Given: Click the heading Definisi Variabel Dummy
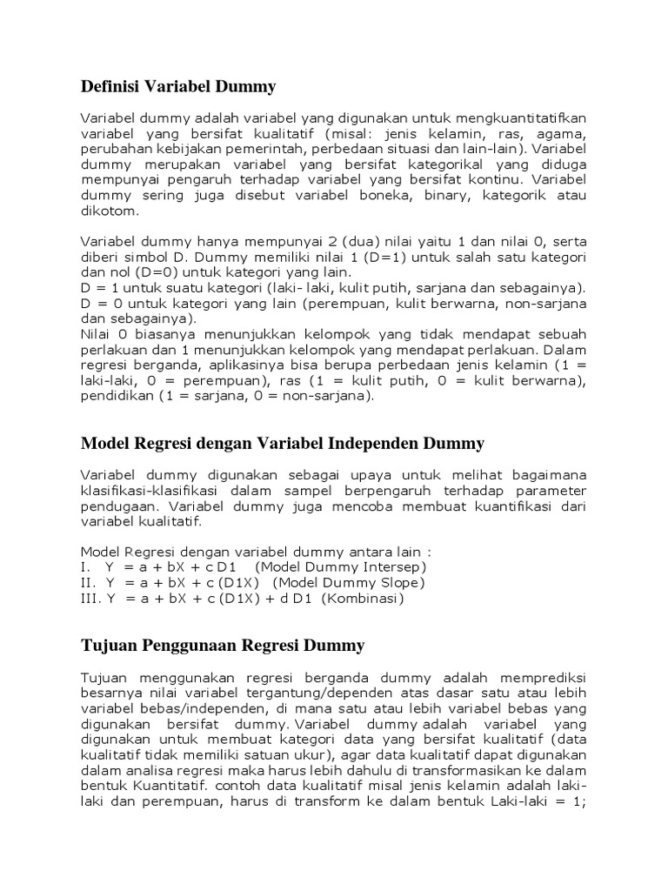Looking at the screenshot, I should point(177,86).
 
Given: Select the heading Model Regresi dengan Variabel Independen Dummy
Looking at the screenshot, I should point(282,444).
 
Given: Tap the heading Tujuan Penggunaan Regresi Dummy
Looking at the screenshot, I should point(223,646).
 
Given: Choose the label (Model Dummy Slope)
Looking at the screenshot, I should point(348,583).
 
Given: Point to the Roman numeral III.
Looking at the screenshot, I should point(90,599).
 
